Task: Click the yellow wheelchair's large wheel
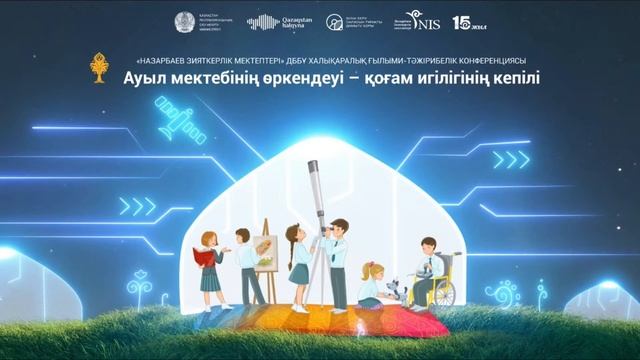[x=443, y=293]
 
